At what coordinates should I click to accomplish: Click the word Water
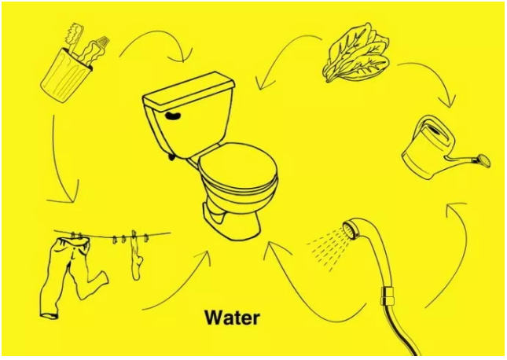click(232, 318)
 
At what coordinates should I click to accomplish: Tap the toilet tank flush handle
click(174, 115)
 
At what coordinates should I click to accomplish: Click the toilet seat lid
click(238, 167)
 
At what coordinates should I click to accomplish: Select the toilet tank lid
click(189, 90)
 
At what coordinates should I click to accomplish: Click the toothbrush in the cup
click(74, 35)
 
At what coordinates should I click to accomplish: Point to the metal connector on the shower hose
click(388, 296)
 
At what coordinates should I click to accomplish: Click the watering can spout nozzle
click(483, 160)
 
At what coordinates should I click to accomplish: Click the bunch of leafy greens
click(355, 54)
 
